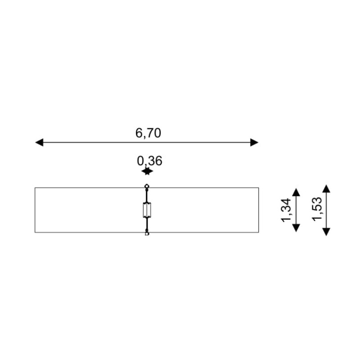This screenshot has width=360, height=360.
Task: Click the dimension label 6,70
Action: [148, 133]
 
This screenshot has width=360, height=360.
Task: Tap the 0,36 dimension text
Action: [149, 161]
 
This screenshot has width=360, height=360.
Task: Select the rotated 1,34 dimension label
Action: [286, 210]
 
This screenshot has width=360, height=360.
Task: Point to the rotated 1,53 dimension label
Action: [317, 209]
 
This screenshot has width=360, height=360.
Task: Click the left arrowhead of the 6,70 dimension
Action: [39, 142]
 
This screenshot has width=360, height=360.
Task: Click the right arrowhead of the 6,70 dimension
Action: [254, 142]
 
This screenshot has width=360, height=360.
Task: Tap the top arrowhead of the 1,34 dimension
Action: [296, 192]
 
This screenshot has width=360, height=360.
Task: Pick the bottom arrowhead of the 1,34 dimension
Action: [296, 228]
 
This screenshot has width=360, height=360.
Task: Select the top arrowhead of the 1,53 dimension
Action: [326, 189]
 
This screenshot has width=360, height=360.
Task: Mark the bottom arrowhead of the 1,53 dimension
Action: [326, 232]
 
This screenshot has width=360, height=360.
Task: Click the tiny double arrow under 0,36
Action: [147, 171]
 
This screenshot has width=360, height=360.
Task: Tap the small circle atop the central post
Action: [147, 186]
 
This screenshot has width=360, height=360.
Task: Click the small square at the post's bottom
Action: [147, 234]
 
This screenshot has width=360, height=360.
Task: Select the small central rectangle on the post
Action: [147, 210]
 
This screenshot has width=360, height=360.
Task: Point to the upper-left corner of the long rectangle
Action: [35, 188]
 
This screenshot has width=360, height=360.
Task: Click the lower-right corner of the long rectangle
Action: [258, 232]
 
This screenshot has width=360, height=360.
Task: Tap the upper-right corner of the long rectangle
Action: [258, 188]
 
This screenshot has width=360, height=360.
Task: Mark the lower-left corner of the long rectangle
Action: [35, 232]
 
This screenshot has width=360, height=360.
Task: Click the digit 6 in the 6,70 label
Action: [139, 133]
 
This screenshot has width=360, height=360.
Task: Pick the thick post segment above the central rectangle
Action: [147, 196]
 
